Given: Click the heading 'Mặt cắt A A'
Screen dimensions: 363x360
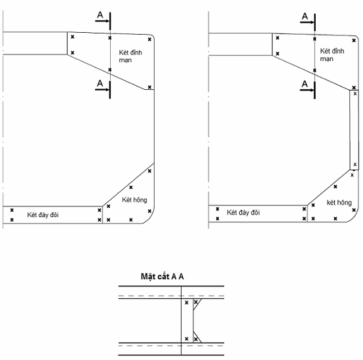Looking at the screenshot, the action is pos(162,277).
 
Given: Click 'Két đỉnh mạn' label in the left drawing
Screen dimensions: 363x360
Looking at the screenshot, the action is pos(130,56).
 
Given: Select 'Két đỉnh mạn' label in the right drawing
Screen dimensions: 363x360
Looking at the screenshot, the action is pos(332,55).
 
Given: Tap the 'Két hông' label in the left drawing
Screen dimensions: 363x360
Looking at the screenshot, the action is pos(134,200).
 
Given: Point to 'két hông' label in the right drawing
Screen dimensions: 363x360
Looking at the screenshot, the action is pos(339,203).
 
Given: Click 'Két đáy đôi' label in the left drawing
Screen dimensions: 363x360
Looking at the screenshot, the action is pos(43,215).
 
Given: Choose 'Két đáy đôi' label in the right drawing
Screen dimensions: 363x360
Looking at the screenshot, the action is pos(243,212).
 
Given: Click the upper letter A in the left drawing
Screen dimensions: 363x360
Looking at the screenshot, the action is pos(100,15).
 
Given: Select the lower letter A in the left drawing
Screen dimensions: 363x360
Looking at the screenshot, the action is pos(100,83).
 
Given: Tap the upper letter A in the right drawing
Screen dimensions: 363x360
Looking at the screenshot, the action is pos(305,16).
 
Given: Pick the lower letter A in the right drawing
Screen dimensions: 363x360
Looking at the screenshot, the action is pos(305,84).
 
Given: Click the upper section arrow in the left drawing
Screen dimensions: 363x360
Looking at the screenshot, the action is pos(102,21).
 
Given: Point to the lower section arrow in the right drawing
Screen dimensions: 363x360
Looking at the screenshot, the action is pos(307,90).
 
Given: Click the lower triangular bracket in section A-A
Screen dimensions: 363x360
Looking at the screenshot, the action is pos(196,338).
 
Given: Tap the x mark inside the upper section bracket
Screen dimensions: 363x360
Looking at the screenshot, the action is pos(196,302).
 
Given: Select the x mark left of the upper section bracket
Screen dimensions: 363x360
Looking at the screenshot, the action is pos(187,302).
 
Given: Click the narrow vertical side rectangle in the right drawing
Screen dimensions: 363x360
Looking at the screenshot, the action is pos(354,130).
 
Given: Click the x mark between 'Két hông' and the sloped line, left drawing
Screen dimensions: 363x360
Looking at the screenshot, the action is pos(131,187).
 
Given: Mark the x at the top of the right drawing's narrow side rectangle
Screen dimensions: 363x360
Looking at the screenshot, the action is pos(355,94).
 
